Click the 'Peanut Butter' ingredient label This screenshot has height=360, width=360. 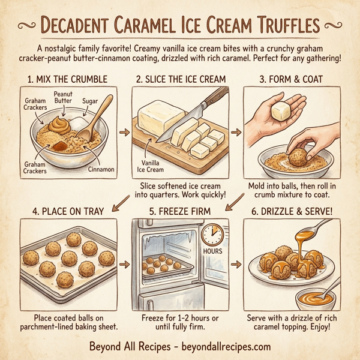coord(63,97)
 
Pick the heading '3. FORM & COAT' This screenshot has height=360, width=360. coord(290,79)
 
